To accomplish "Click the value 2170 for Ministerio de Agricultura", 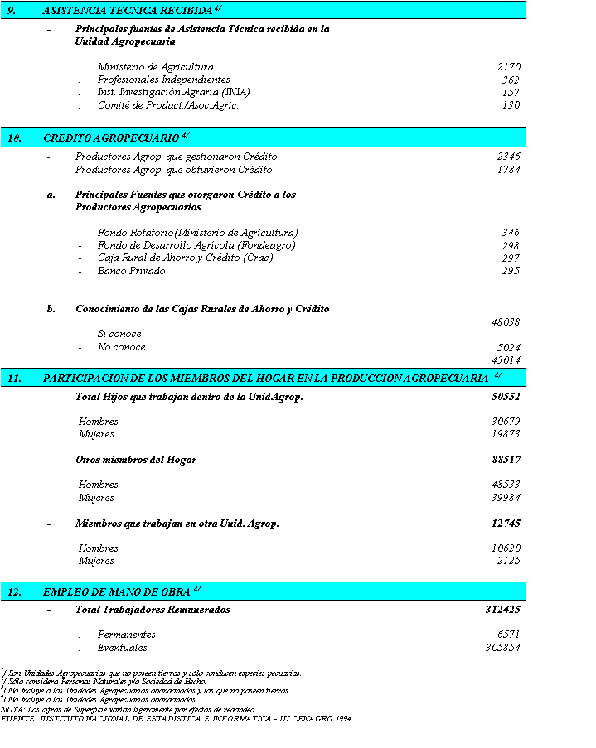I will tap(508, 67).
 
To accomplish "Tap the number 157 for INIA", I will tap(511, 93).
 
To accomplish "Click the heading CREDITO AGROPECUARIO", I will tap(111, 138).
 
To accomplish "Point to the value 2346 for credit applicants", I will tap(508, 157).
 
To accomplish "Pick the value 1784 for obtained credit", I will tap(508, 170).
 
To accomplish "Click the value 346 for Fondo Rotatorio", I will tap(511, 233).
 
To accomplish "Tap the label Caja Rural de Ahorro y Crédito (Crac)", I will tap(185, 258).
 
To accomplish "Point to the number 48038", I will tap(506, 322).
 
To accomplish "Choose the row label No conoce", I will tap(121, 347).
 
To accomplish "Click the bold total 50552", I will tap(506, 397).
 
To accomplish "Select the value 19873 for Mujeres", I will tap(506, 434).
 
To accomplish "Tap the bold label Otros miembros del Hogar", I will tap(136, 460).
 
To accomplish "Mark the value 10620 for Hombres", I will tap(506, 548).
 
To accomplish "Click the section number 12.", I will tap(14, 592).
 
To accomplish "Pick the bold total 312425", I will tap(503, 610).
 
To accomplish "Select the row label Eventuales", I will tap(122, 648).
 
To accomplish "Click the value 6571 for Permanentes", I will tap(508, 635).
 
